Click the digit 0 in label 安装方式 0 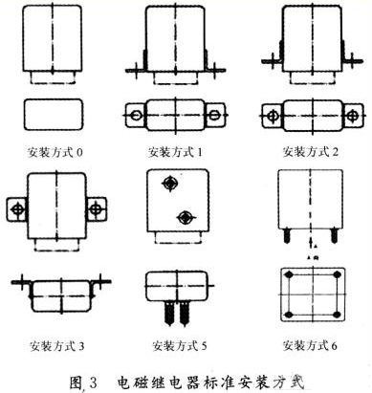79,152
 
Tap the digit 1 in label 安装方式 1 199,152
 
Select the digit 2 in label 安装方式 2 335,152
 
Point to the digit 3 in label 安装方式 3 81,346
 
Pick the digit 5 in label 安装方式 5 204,345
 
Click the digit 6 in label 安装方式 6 334,345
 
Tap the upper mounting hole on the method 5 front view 170,184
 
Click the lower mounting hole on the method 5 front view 186,217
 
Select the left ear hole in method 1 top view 136,115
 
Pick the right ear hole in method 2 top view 352,116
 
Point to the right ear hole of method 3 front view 95,209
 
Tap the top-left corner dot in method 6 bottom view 289,274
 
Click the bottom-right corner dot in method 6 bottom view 337,315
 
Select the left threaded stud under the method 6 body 287,236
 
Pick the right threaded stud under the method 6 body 334,236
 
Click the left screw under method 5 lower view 169,314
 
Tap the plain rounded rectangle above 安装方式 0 54,115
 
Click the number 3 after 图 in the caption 93,382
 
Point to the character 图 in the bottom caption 77,382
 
